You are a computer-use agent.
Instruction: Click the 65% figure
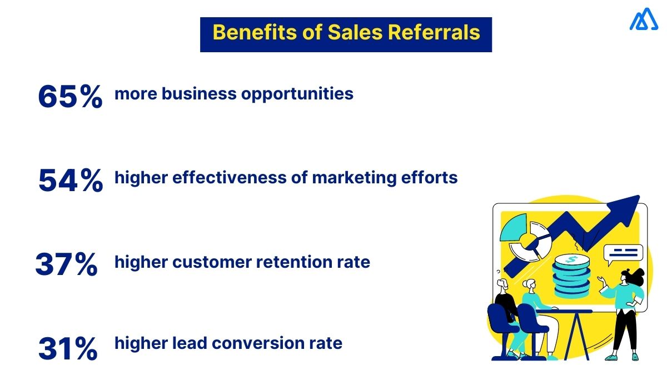[70, 96]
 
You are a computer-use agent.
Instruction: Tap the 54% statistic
[71, 181]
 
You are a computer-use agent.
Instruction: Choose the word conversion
[261, 343]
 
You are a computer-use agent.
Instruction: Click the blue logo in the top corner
[644, 21]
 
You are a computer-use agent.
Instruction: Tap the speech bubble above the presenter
[624, 254]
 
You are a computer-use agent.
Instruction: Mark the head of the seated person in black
[504, 286]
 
